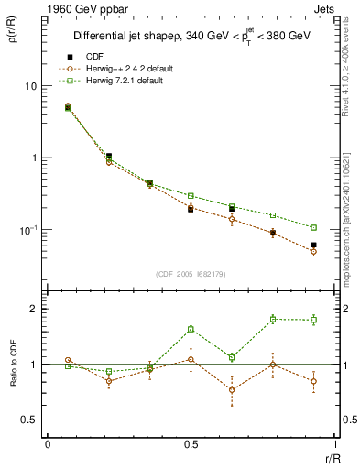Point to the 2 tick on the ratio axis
(35, 309)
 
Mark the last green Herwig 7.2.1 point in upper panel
(313, 227)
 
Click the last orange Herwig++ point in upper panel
(313, 252)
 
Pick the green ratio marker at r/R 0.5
(191, 329)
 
